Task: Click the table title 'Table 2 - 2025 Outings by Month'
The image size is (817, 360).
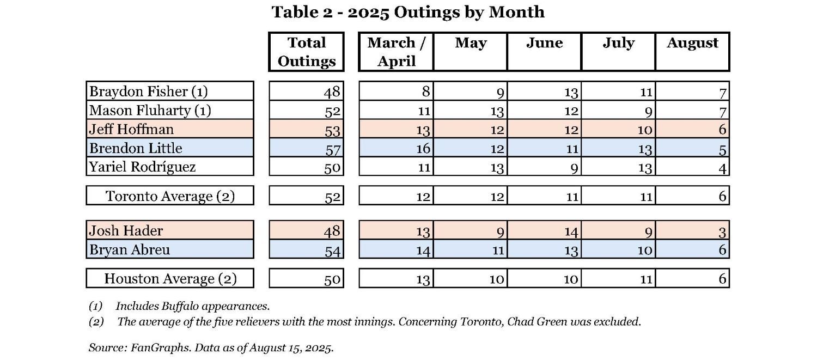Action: click(x=408, y=12)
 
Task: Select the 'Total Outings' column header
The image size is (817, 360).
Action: click(x=306, y=52)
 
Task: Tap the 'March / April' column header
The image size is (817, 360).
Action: click(x=396, y=52)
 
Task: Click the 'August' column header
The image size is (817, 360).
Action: click(x=692, y=44)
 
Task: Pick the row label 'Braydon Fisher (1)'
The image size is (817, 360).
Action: click(x=148, y=91)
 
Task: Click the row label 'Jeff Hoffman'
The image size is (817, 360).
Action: click(x=131, y=130)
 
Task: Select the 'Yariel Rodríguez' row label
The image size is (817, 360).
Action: click(x=142, y=167)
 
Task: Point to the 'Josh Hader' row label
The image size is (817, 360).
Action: click(x=126, y=230)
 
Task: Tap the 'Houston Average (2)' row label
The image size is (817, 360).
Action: click(x=170, y=279)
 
